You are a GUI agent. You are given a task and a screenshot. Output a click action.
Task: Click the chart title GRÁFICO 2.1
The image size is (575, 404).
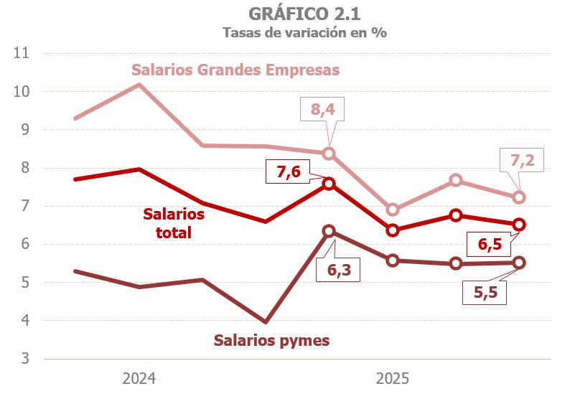(304, 14)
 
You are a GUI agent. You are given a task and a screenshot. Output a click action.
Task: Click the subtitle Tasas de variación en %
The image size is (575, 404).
(304, 33)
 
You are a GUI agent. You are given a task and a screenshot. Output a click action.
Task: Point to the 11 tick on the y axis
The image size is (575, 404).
(22, 53)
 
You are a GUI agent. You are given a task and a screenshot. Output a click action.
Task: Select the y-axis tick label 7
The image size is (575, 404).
(25, 206)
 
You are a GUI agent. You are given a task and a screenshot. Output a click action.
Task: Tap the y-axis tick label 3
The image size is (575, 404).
(25, 359)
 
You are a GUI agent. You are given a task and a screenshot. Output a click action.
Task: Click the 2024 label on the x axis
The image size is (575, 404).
(139, 378)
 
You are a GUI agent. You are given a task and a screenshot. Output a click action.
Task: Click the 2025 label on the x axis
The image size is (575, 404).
(392, 378)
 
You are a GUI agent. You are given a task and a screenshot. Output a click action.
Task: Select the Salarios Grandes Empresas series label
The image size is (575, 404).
(235, 70)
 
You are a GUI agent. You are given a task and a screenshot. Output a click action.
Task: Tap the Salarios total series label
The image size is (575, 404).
(174, 223)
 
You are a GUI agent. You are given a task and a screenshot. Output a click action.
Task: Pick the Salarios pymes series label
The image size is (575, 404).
(272, 340)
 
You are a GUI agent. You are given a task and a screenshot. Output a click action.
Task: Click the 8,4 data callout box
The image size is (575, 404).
(327, 111)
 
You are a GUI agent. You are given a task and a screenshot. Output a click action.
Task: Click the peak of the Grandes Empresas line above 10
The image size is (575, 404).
(139, 85)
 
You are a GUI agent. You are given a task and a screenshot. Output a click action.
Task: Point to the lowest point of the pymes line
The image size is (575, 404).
(266, 321)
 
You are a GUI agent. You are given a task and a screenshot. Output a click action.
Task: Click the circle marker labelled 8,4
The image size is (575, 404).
(329, 153)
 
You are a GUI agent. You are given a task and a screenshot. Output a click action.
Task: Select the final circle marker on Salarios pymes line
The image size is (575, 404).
(519, 263)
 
